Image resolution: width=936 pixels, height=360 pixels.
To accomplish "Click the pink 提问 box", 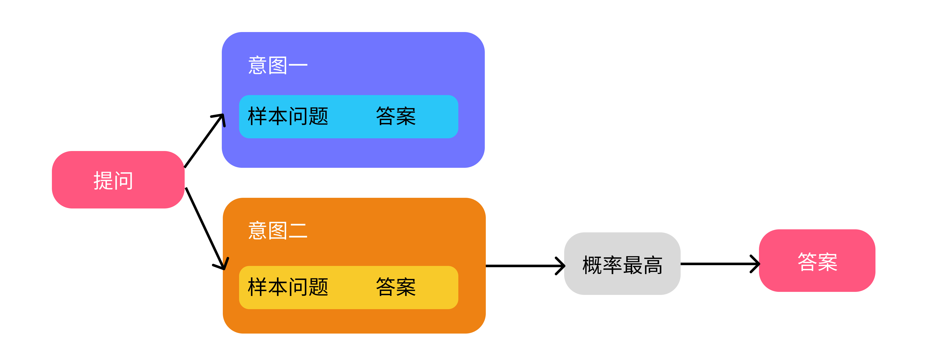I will click(x=118, y=180).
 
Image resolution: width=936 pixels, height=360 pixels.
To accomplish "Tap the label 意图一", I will click(x=277, y=65).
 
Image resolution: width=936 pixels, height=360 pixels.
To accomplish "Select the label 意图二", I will click(x=277, y=231).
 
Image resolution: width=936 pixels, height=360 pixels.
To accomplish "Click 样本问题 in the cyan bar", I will click(x=288, y=116).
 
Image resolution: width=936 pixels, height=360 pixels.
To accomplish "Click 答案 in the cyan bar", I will click(x=396, y=116).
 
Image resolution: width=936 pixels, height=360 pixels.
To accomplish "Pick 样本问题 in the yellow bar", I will click(x=288, y=287).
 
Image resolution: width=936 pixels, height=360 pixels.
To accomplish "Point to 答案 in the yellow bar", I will click(x=396, y=287).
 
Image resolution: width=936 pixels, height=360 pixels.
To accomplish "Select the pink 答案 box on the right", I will click(x=817, y=261).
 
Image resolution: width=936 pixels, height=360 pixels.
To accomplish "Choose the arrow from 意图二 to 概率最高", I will click(x=523, y=266).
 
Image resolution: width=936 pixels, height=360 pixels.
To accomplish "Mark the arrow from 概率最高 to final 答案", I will click(x=718, y=264).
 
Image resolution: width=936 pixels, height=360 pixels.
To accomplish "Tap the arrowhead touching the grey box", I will click(x=561, y=266).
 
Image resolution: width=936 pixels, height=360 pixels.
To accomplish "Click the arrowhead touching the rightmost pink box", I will click(x=756, y=264).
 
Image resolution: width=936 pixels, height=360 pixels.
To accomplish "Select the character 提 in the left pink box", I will click(x=103, y=181).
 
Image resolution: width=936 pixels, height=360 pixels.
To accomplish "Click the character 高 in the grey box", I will click(x=653, y=265).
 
